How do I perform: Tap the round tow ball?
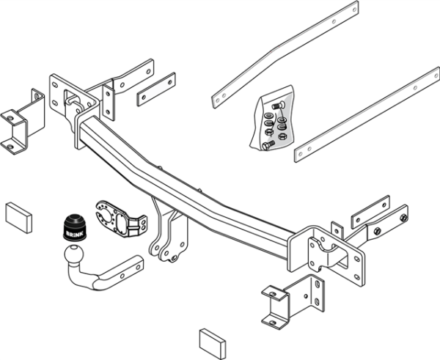74,257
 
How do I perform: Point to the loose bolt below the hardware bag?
266,146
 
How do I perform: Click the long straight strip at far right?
367,114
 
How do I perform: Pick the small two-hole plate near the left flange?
156,89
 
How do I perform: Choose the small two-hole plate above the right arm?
370,210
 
